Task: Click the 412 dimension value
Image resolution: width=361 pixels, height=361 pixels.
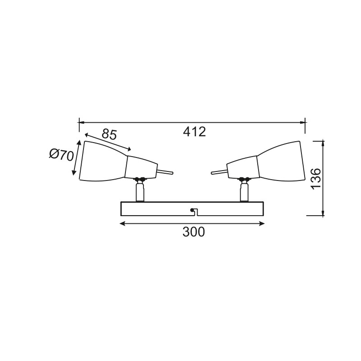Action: coord(194,132)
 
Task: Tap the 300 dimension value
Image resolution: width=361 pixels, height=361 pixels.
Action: coord(194,232)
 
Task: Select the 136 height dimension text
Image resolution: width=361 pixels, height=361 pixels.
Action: coord(316,179)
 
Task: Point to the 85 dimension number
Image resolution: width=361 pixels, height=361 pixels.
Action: coord(109,134)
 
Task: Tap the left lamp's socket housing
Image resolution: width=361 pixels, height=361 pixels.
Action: coord(140,167)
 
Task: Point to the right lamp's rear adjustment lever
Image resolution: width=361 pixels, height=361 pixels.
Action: coord(219,171)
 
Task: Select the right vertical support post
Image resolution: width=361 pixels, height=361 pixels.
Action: coord(244,192)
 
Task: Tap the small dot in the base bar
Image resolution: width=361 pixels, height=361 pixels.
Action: coord(193,209)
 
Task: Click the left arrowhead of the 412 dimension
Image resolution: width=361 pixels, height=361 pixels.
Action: coord(82,122)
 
